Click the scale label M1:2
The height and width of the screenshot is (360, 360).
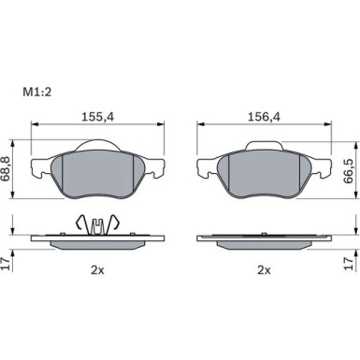point(36,93)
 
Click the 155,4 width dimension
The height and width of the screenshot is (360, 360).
point(98,117)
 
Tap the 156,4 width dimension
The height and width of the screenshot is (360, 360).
point(264,117)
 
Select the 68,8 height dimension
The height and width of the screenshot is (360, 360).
point(6,169)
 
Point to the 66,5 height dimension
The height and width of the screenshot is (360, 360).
point(348,171)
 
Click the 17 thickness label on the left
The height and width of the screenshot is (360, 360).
point(6,264)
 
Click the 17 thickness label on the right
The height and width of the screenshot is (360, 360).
point(349,264)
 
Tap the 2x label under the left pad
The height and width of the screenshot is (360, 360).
point(97,270)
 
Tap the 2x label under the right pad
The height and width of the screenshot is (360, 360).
point(264,270)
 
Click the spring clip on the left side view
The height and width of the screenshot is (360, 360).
point(98,225)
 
